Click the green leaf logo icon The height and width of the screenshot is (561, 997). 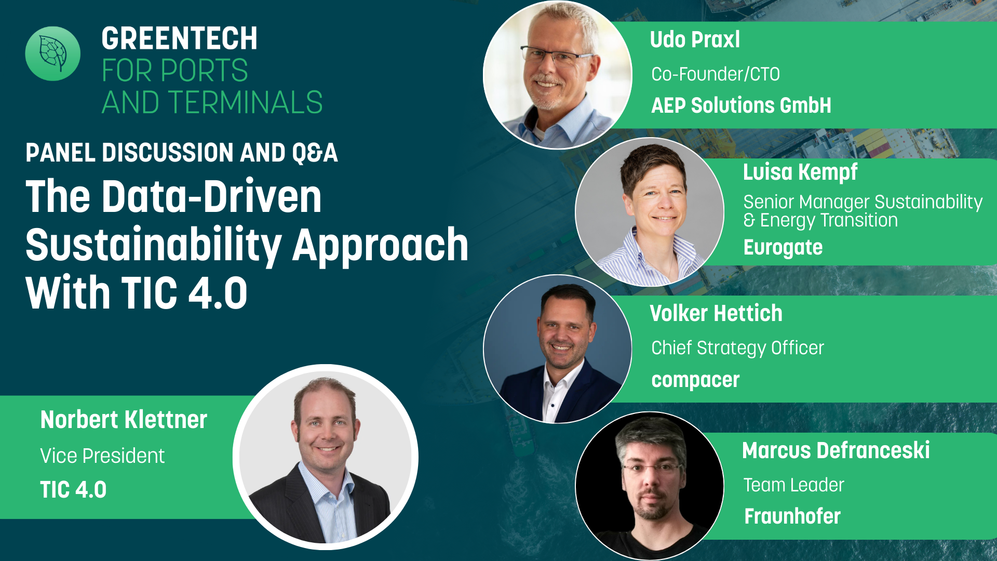point(53,54)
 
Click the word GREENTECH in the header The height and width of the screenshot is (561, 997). point(179,38)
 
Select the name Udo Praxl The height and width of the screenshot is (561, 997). point(695,40)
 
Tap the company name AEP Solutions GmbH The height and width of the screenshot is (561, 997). point(741,105)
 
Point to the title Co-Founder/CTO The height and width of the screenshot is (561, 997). point(716,74)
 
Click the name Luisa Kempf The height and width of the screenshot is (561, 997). point(800,172)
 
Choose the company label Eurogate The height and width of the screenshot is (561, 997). point(783,247)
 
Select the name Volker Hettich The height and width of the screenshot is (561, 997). point(716,313)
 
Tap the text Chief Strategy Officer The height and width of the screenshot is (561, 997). point(737,348)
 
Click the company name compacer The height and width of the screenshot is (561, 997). point(695,380)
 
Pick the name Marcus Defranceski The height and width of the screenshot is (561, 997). point(836,450)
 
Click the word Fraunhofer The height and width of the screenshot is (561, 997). point(792,516)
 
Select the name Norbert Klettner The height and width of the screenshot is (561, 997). point(124,420)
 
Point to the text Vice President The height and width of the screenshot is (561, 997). point(102,456)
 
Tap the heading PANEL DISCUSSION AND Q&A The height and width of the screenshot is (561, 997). point(182,153)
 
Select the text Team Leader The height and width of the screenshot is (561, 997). point(793,485)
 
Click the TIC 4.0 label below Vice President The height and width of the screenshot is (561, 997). point(73,490)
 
